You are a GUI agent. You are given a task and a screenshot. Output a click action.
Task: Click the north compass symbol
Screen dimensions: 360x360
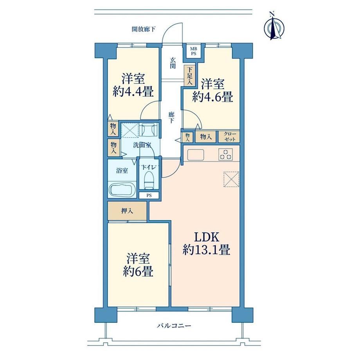pos(274,27)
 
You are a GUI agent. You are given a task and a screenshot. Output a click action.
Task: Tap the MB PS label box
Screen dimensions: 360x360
pos(193,51)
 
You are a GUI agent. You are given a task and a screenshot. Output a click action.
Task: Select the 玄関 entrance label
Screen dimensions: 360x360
pos(173,63)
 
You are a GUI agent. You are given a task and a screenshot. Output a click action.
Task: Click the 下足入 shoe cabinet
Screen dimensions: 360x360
pos(190,76)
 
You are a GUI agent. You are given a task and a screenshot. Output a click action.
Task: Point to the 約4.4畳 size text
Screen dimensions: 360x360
pos(133,92)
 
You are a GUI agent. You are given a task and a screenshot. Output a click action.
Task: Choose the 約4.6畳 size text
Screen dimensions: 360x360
pos(212,97)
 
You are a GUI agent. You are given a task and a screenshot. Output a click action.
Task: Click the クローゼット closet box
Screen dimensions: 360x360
pos(229,137)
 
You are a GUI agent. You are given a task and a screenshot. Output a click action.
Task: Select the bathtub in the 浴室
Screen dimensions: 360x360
pos(122,190)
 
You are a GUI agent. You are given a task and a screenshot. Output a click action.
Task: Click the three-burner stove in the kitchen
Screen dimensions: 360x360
pos(226,154)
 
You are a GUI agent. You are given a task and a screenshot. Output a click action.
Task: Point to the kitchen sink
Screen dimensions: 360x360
pos(196,155)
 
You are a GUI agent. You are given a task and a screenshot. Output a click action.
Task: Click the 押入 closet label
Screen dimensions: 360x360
pos(127,211)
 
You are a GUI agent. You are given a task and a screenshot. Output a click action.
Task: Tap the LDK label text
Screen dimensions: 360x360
pos(206,237)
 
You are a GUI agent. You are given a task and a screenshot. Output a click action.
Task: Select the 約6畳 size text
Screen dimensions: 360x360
pos(138,272)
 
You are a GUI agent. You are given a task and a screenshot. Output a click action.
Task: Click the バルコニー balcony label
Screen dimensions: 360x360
pos(174,326)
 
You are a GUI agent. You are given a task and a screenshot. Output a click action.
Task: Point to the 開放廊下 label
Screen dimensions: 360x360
pos(144,29)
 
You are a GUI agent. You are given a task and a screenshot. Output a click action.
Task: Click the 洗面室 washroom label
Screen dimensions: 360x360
pos(142,145)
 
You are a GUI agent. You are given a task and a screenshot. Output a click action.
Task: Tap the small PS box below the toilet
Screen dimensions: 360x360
pos(149,196)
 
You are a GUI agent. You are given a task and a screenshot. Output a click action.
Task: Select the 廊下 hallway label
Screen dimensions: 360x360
pos(171,117)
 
